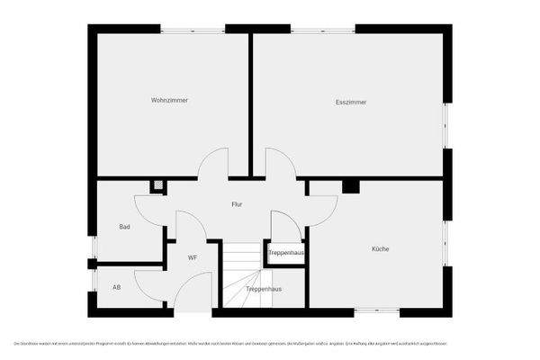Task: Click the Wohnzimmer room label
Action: (x=169, y=100)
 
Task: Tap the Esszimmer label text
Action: (x=351, y=102)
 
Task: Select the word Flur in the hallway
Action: (x=237, y=204)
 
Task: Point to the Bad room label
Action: (x=125, y=227)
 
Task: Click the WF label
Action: (x=193, y=257)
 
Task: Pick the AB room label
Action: (x=116, y=287)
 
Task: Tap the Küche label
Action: (x=379, y=248)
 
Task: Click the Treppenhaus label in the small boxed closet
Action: (x=286, y=253)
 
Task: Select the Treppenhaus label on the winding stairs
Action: (x=264, y=289)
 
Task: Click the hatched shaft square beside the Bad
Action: (x=158, y=185)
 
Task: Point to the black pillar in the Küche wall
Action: (x=351, y=186)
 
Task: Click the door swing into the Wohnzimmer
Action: (x=214, y=164)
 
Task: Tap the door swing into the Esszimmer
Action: (x=280, y=164)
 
